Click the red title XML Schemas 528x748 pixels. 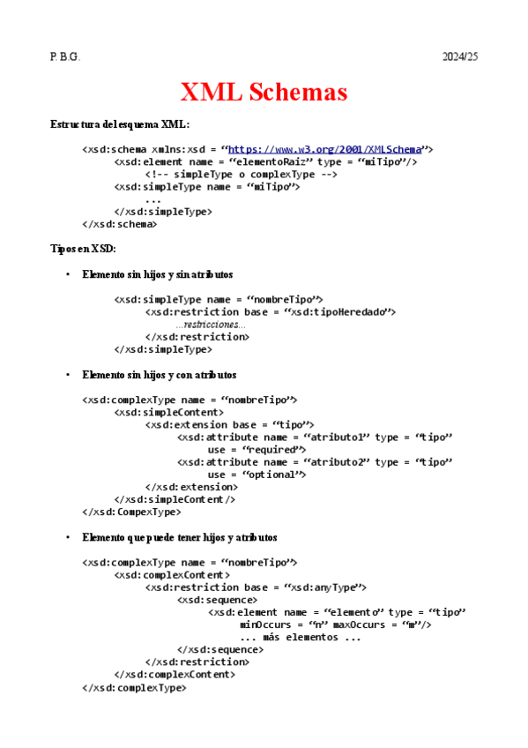264,92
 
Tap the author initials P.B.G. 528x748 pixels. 65,56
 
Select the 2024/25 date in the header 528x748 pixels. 459,56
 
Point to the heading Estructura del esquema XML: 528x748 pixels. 120,124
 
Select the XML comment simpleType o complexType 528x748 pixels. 242,175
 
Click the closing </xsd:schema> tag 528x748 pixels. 120,224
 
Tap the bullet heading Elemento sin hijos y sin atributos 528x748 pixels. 157,274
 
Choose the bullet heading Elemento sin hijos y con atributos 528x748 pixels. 159,375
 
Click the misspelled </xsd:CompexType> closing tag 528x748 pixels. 132,512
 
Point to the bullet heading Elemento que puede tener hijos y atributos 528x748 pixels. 179,537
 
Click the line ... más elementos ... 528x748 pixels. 301,637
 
